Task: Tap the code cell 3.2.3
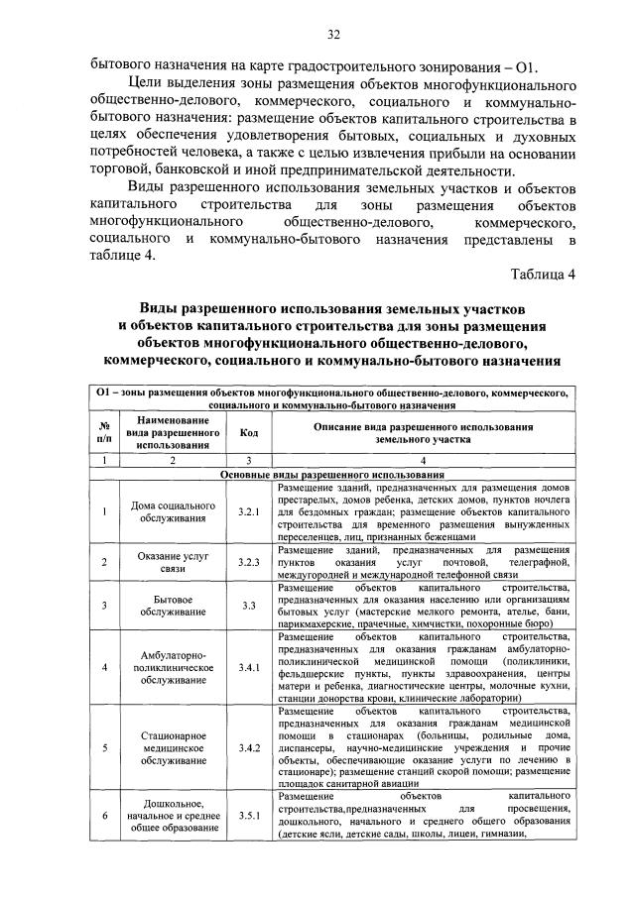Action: click(248, 562)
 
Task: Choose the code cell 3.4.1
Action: click(248, 667)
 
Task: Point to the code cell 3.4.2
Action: click(248, 746)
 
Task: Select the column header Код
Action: click(248, 432)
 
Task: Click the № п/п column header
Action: click(104, 432)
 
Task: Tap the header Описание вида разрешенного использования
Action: click(423, 432)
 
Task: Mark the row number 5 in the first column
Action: click(104, 746)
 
